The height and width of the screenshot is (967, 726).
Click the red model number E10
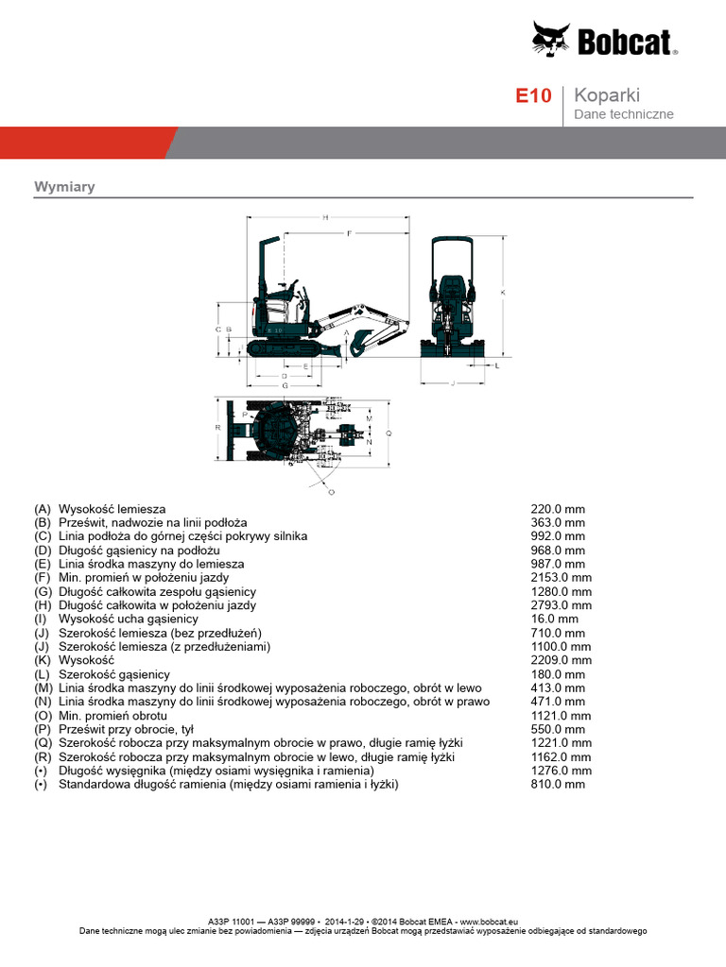[532, 96]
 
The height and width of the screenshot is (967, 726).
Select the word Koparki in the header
[608, 95]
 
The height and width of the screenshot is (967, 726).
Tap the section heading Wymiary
[64, 187]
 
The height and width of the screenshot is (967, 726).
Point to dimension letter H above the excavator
[325, 218]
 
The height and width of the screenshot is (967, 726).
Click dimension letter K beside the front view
[503, 293]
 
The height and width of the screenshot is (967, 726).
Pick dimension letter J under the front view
[454, 383]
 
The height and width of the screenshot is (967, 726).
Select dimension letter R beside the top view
[217, 427]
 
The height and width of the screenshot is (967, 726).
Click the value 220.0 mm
[558, 509]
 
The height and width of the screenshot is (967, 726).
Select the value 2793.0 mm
[561, 605]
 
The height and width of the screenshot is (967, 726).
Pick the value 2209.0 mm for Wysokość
[561, 661]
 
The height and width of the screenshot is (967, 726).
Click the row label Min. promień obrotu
[113, 716]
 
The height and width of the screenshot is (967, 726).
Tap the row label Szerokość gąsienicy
[114, 674]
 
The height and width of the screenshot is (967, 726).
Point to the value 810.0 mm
[558, 785]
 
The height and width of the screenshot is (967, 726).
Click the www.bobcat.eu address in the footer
[488, 921]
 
